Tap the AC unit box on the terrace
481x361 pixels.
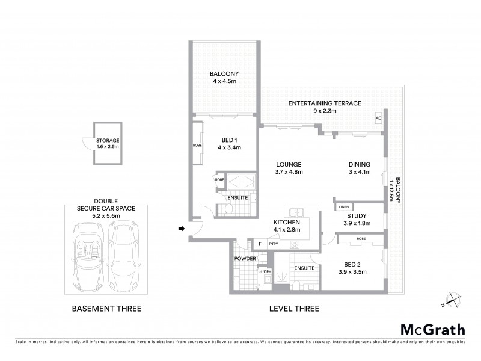click(x=378, y=118)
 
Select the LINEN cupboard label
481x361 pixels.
click(x=343, y=206)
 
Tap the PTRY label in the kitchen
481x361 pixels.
click(x=274, y=244)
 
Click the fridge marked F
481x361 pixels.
click(x=259, y=244)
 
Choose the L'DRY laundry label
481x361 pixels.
click(x=266, y=271)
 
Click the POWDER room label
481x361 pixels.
click(x=245, y=258)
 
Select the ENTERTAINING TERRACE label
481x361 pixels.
click(x=324, y=103)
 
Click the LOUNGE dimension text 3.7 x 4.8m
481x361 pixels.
click(x=289, y=172)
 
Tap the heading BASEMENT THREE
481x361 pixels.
click(x=106, y=309)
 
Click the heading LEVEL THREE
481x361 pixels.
click(x=294, y=309)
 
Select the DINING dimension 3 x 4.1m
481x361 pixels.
click(x=359, y=172)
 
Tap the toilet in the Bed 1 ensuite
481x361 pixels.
click(x=228, y=209)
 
